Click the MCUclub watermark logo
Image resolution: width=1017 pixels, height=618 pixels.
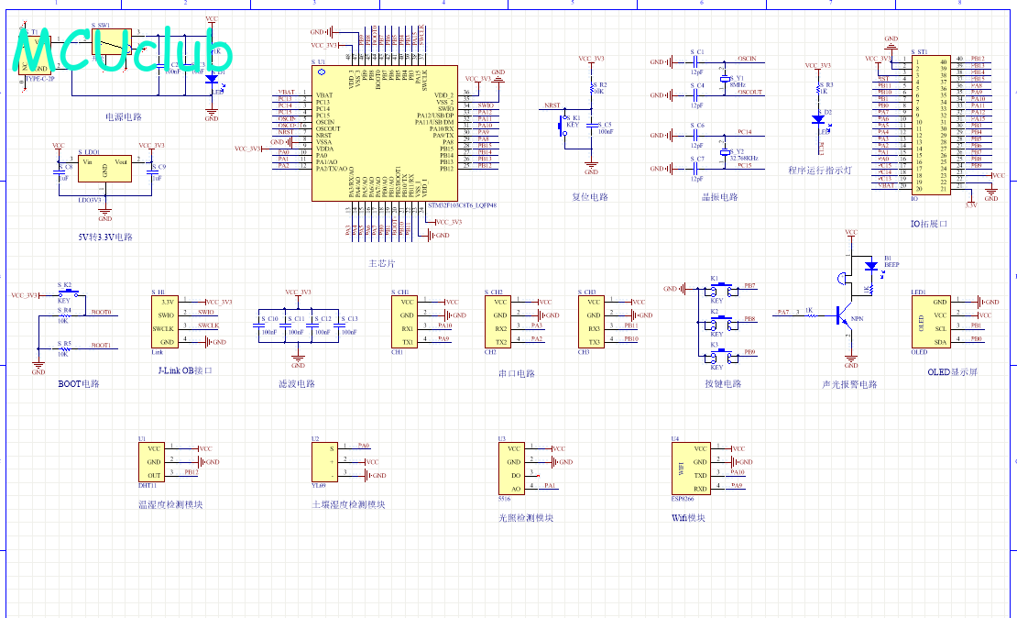pos(124,50)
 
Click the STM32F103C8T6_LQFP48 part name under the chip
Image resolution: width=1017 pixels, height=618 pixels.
pos(463,205)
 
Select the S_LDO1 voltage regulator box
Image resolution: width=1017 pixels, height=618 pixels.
pos(104,170)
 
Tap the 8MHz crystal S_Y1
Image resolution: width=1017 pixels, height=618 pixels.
pos(724,80)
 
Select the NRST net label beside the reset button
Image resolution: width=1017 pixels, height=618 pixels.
pos(552,105)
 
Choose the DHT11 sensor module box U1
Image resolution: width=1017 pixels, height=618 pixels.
pos(153,461)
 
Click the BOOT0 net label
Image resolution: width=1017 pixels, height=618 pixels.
pos(101,313)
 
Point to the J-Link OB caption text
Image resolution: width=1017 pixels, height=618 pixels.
pos(184,370)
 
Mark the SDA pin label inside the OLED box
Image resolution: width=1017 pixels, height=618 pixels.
pos(940,341)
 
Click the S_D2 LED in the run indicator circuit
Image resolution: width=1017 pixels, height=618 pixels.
pos(818,118)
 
